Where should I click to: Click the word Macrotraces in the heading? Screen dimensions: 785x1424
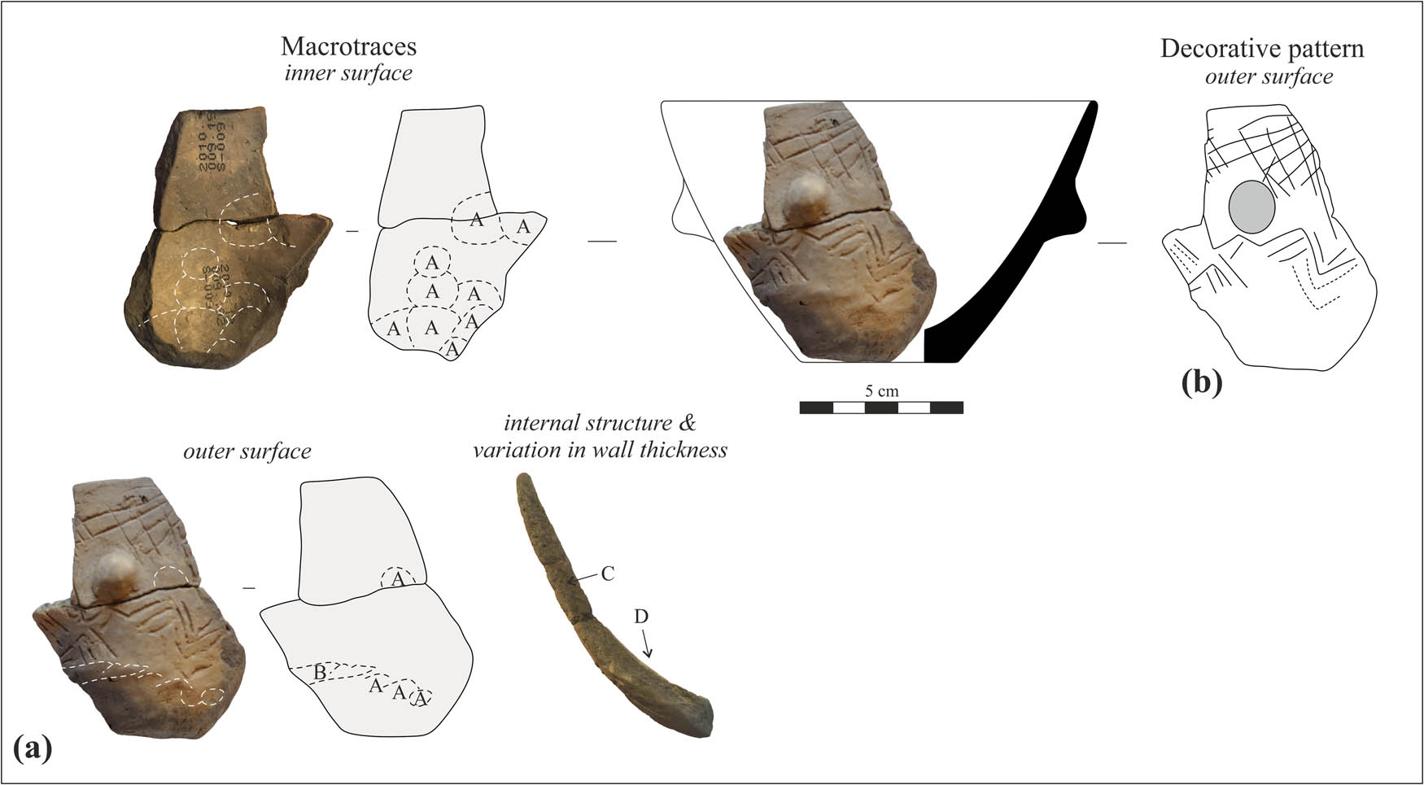click(348, 46)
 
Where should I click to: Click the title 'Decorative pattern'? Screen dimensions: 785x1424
click(1261, 49)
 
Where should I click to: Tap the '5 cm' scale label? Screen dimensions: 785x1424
click(881, 390)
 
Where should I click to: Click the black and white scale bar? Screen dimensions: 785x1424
click(881, 408)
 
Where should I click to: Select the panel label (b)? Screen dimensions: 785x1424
click(1201, 382)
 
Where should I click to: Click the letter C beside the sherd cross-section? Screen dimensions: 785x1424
click(607, 573)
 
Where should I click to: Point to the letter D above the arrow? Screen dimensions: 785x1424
click(641, 617)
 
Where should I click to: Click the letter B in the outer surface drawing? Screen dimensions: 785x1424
click(320, 672)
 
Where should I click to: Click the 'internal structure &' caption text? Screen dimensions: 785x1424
click(600, 424)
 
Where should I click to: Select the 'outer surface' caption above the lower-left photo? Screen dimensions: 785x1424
click(247, 451)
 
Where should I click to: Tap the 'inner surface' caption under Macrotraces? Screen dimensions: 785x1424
click(348, 73)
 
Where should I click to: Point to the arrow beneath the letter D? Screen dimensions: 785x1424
click(647, 646)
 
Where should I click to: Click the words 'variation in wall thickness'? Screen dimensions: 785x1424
click(600, 449)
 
